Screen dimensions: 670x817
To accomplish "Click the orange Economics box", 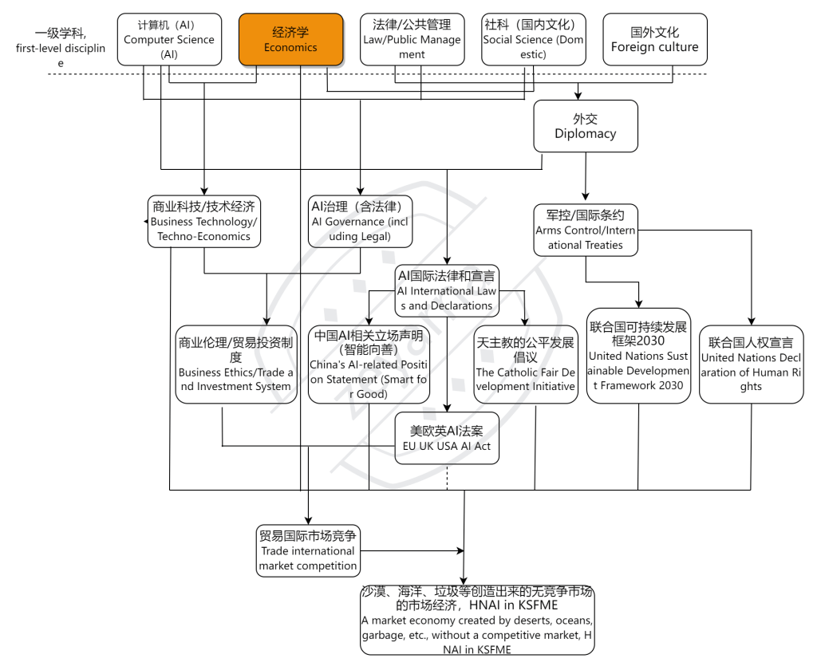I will pyautogui.click(x=291, y=40).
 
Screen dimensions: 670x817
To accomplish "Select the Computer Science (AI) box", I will pyautogui.click(x=169, y=39).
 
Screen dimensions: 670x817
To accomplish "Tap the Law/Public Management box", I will pyautogui.click(x=412, y=39).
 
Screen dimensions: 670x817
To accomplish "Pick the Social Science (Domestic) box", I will pyautogui.click(x=534, y=39).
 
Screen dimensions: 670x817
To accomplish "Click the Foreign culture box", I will pyautogui.click(x=654, y=39).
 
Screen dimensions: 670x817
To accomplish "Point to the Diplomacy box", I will pyautogui.click(x=586, y=126).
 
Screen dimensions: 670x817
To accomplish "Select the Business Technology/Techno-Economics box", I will pyautogui.click(x=204, y=221).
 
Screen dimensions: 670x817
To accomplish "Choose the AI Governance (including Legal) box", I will pyautogui.click(x=361, y=221).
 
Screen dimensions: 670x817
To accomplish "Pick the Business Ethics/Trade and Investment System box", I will pyautogui.click(x=235, y=365).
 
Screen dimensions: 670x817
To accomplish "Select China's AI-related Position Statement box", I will pyautogui.click(x=369, y=365).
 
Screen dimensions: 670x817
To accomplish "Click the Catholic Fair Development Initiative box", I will pyautogui.click(x=525, y=365).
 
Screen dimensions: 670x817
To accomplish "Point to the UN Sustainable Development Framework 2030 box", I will pyautogui.click(x=638, y=356).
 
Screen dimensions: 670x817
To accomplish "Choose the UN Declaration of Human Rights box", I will pyautogui.click(x=751, y=365).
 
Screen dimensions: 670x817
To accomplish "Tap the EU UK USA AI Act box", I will pyautogui.click(x=447, y=438).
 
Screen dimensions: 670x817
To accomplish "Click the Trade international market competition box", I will pyautogui.click(x=308, y=551).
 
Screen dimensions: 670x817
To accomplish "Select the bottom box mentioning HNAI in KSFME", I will pyautogui.click(x=477, y=620).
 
